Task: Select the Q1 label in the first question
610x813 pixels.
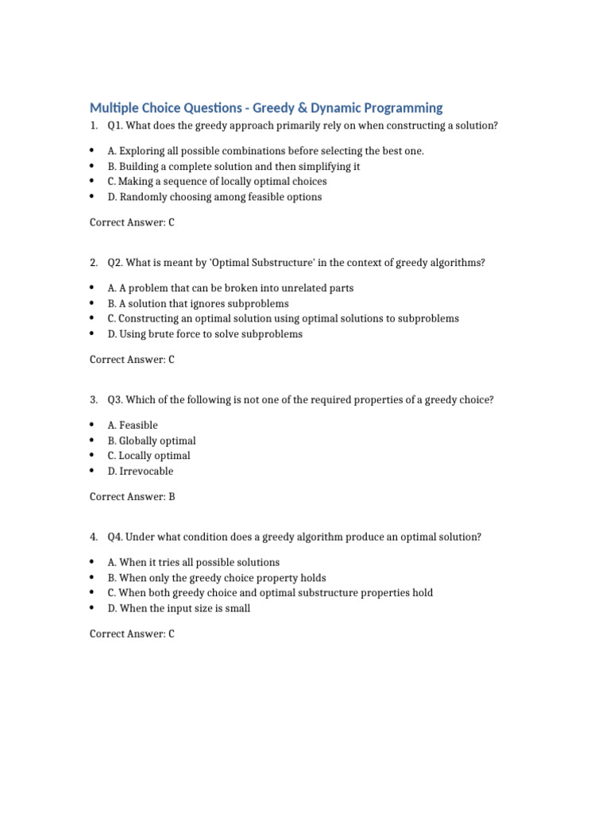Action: click(115, 126)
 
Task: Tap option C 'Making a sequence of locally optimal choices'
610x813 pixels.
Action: click(217, 182)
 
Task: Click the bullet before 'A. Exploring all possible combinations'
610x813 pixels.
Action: click(92, 151)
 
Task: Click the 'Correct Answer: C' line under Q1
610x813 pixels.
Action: click(132, 222)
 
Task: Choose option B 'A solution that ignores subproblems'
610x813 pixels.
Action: click(198, 303)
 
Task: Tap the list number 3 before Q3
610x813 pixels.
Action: click(93, 400)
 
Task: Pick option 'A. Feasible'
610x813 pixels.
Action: click(133, 426)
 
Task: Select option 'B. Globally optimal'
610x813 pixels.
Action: click(152, 441)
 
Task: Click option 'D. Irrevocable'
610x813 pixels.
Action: click(140, 471)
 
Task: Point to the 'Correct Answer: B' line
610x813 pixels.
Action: click(132, 497)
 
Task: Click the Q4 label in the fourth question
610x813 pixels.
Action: click(115, 538)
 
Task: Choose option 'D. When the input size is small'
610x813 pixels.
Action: click(179, 608)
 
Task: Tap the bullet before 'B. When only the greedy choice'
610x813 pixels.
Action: click(92, 578)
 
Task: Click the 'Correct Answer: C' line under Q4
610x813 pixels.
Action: click(132, 634)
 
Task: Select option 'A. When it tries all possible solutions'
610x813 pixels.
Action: click(194, 563)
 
